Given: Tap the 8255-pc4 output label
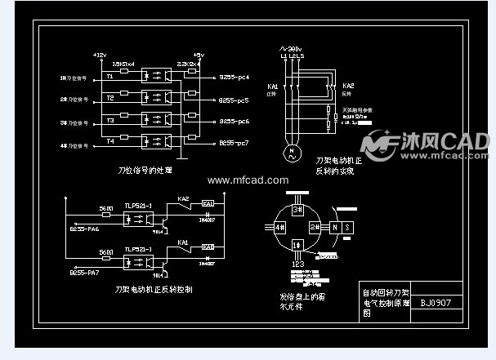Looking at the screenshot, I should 233,77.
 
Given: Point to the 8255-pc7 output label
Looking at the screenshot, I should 233,144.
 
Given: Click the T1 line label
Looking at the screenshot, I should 109,77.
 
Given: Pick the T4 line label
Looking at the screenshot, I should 109,142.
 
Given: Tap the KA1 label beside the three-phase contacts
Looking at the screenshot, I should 273,86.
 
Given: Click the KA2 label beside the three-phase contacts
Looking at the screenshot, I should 348,86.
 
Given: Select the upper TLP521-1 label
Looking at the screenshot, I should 137,201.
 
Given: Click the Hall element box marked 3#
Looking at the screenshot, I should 297,209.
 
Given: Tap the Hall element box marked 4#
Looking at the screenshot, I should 279,227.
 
